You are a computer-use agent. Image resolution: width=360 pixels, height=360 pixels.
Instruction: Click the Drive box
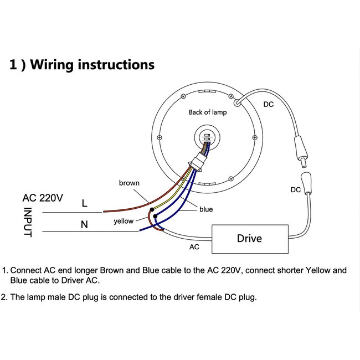(250, 239)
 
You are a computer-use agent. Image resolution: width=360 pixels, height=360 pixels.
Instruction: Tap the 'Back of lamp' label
(208, 112)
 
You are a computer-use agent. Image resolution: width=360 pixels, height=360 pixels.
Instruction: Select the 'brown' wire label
(129, 183)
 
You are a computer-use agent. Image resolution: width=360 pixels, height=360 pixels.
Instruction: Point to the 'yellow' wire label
(124, 221)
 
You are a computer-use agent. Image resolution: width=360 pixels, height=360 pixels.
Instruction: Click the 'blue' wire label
(206, 209)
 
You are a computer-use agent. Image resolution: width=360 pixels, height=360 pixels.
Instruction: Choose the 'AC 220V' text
(43, 198)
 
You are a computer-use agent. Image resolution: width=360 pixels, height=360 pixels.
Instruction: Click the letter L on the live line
(85, 203)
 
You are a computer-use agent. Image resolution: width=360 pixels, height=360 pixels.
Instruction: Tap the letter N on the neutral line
(84, 224)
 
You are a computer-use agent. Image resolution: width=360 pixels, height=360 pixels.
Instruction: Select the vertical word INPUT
(28, 222)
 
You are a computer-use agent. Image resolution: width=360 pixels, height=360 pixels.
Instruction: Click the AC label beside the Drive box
(194, 247)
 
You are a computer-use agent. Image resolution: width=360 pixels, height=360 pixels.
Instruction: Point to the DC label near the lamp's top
(269, 105)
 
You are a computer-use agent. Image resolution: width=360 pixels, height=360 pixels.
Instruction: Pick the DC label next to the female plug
(296, 190)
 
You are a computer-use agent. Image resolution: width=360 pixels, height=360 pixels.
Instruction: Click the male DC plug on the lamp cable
(301, 152)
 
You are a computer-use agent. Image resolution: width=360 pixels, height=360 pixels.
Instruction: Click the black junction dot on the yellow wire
(152, 209)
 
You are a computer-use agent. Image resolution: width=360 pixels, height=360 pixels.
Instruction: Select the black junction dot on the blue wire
(155, 216)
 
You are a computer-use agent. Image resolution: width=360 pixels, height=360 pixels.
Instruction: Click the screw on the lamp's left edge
(160, 137)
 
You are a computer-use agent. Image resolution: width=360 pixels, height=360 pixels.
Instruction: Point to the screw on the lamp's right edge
(255, 137)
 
